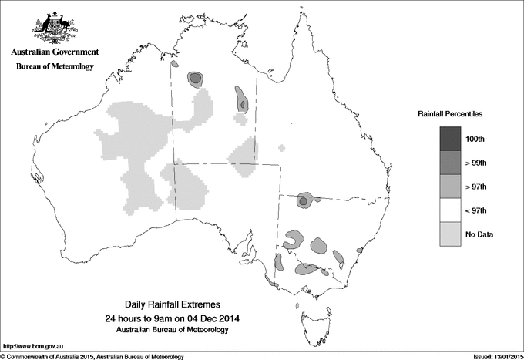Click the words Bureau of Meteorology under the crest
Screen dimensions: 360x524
tap(54, 67)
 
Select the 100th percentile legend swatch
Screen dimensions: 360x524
tap(450, 138)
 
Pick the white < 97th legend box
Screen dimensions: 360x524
tap(450, 210)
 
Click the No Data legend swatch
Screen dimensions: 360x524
tap(450, 234)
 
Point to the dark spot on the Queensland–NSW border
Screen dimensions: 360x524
tap(304, 200)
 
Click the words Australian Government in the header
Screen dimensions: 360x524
tap(54, 52)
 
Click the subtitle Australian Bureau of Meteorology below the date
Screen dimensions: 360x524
tap(178, 330)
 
